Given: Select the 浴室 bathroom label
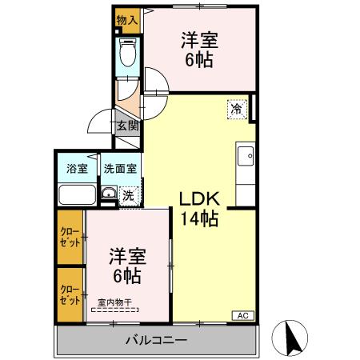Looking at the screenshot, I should [77, 170].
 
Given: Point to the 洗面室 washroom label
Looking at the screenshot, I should [119, 170].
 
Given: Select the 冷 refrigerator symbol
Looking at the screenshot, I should [237, 109].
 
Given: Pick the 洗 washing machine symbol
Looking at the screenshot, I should [128, 194].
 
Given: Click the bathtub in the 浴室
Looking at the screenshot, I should [77, 195].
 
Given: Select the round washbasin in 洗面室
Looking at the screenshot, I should [106, 193].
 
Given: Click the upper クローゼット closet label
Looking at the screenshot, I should [70, 237].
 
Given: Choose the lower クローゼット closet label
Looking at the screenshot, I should [70, 295].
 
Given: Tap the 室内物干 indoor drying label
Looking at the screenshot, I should [115, 303].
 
